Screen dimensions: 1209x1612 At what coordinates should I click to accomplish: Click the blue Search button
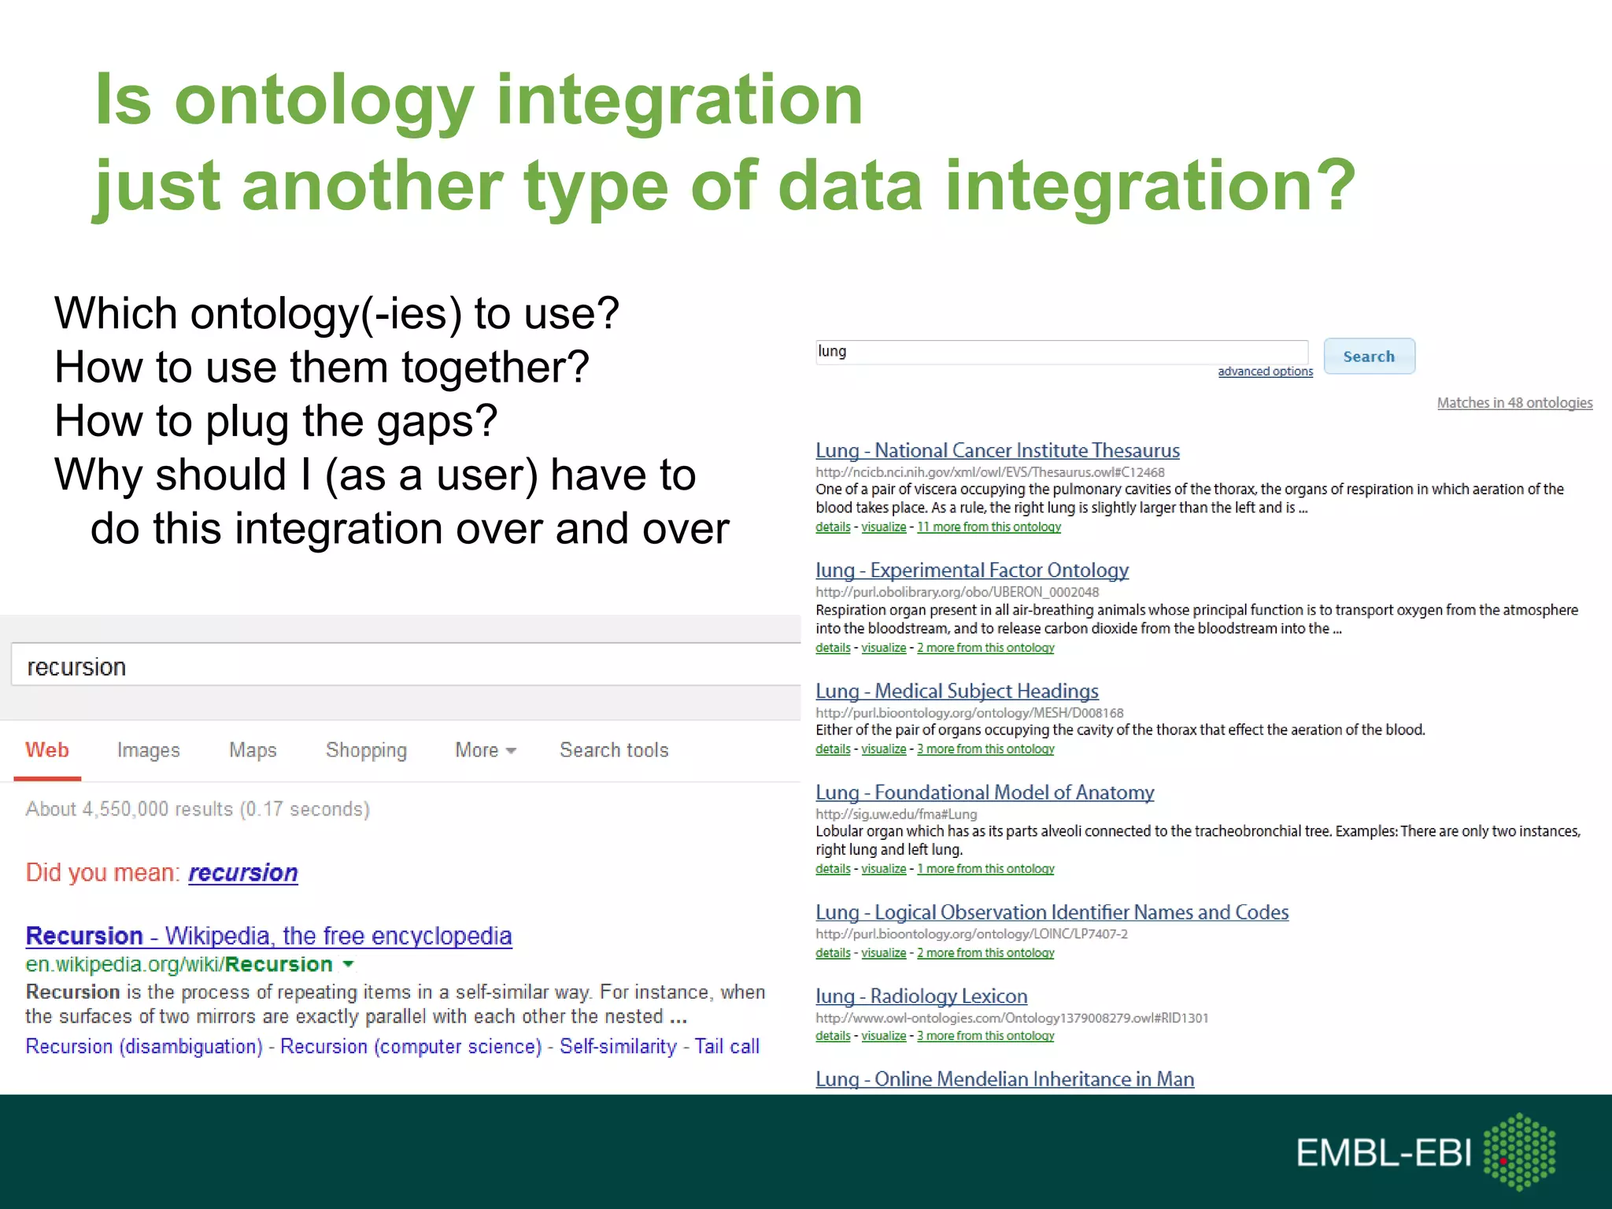[x=1369, y=357]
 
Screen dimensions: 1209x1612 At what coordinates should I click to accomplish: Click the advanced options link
[x=1265, y=372]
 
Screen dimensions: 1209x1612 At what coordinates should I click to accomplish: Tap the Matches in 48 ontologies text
[x=1514, y=403]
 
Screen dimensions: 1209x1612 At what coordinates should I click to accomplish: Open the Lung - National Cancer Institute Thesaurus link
[x=997, y=451]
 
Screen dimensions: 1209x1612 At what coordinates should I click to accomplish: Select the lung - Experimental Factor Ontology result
[x=972, y=571]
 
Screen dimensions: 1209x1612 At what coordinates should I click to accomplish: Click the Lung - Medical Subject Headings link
[x=956, y=691]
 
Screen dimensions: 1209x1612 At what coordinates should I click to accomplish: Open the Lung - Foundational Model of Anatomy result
[x=985, y=793]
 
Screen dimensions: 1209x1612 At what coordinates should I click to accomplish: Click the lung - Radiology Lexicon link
[x=921, y=996]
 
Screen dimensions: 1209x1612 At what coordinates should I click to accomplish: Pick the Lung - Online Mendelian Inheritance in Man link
[x=1004, y=1079]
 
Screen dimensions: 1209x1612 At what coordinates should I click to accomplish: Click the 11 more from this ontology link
[x=989, y=527]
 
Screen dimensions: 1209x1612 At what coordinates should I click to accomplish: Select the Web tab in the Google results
[x=47, y=750]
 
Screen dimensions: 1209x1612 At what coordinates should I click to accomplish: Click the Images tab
[x=148, y=750]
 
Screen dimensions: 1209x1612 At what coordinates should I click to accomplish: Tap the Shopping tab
[x=366, y=750]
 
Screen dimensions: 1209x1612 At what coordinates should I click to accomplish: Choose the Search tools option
[x=614, y=750]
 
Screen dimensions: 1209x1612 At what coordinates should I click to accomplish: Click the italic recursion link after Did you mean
[x=242, y=873]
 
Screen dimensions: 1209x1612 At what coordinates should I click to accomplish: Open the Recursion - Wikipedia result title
[x=268, y=936]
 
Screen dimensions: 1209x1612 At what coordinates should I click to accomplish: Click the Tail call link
[x=727, y=1047]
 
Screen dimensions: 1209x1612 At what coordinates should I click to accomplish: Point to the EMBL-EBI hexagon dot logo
[x=1519, y=1151]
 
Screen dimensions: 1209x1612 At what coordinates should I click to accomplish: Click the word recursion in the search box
[x=76, y=667]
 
